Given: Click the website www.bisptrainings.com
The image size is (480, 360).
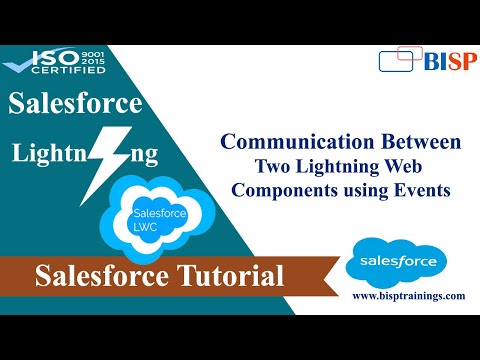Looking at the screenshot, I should (408, 296).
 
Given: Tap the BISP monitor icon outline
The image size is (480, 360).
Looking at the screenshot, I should (398, 62).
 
